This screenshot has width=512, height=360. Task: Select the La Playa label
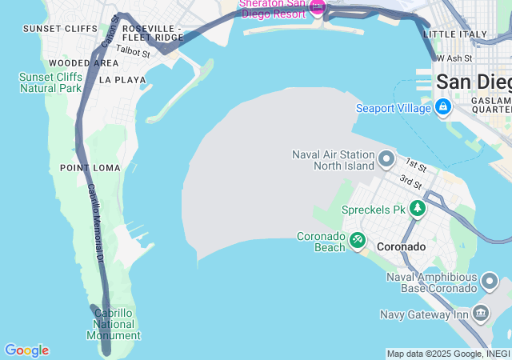coord(122,80)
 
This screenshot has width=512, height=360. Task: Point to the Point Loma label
coord(90,168)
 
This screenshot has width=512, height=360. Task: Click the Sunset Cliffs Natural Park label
coord(50,82)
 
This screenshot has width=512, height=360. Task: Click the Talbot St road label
coord(133,52)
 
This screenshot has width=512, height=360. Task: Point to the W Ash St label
coord(454,58)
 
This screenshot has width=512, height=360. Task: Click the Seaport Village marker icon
coord(442,107)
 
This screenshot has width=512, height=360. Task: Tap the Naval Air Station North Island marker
coord(386,158)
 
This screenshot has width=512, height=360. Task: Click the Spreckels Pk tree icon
coord(417,209)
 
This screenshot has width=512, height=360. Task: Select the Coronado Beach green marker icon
coord(358,238)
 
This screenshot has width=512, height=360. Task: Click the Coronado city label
coord(401,247)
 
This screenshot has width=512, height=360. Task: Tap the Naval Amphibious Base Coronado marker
coord(490,282)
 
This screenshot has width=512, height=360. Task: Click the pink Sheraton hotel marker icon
coord(318,8)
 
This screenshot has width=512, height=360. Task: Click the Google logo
coord(26,350)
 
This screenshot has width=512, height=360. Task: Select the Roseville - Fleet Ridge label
coord(152,33)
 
